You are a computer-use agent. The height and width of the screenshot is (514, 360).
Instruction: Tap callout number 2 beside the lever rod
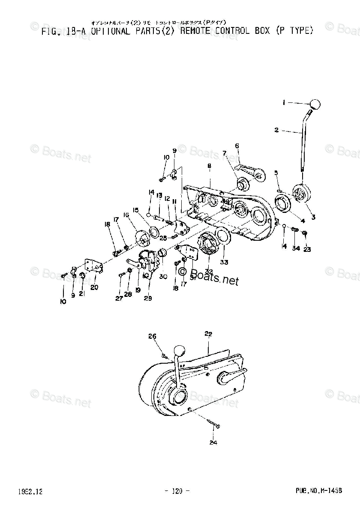[x=277, y=130]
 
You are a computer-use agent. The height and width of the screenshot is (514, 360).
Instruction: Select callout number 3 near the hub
[x=313, y=217]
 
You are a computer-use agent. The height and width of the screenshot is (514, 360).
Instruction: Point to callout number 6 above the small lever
[x=237, y=146]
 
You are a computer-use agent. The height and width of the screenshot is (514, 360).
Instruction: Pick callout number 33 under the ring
[x=224, y=262]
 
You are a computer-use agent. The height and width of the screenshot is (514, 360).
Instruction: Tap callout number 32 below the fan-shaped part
[x=209, y=271]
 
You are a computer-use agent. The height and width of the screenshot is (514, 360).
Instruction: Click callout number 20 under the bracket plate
[x=94, y=287]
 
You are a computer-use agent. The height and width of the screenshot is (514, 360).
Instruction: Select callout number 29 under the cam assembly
[x=148, y=298]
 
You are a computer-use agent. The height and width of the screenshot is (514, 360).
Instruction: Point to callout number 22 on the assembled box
[x=209, y=334]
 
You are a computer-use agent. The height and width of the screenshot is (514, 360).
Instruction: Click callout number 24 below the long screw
[x=213, y=442]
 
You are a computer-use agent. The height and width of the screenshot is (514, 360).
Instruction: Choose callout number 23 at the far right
[x=307, y=249]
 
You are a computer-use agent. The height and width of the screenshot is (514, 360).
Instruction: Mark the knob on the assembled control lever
[x=180, y=352]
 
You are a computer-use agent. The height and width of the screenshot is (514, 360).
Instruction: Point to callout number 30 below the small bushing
[x=163, y=277]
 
